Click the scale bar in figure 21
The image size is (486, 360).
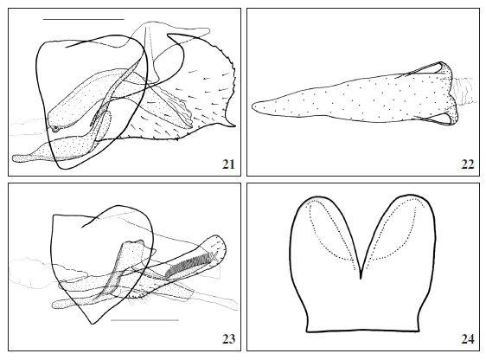(x=83, y=18)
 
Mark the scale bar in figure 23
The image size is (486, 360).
(x=144, y=320)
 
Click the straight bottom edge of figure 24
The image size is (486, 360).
(x=363, y=331)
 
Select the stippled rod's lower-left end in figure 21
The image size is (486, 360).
(x=17, y=157)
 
